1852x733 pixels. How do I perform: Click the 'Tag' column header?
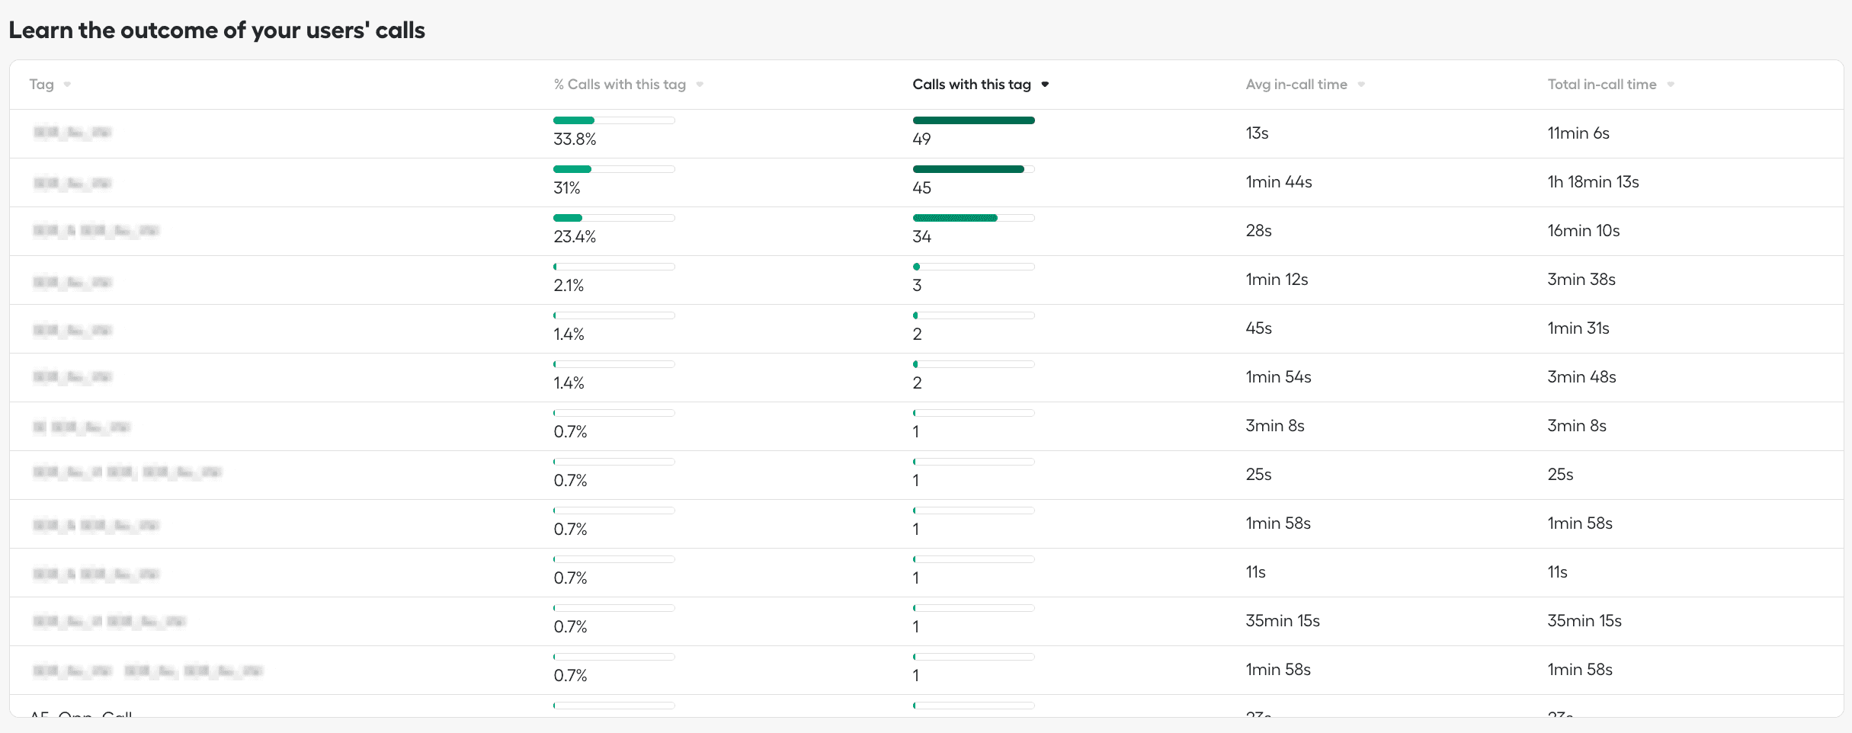pyautogui.click(x=42, y=85)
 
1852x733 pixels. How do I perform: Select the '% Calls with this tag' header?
pyautogui.click(x=619, y=85)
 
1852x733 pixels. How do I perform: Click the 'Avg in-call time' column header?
pyautogui.click(x=1296, y=85)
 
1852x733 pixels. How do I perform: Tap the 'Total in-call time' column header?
pyautogui.click(x=1601, y=85)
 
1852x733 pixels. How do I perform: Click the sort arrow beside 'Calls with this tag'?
pyautogui.click(x=1045, y=85)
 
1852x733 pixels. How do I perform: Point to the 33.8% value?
pyautogui.click(x=575, y=139)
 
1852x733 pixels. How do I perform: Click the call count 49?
pyautogui.click(x=921, y=139)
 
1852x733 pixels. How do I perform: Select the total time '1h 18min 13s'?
pyautogui.click(x=1593, y=182)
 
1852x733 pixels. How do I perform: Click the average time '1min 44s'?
pyautogui.click(x=1278, y=182)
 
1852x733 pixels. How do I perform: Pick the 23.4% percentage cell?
pyautogui.click(x=575, y=237)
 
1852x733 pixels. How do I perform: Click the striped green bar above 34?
pyautogui.click(x=955, y=218)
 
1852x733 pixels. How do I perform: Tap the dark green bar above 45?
pyautogui.click(x=968, y=169)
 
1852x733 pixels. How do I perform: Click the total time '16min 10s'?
pyautogui.click(x=1583, y=231)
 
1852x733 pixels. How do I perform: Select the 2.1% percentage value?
pyautogui.click(x=569, y=286)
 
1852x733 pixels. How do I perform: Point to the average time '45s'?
pyautogui.click(x=1258, y=328)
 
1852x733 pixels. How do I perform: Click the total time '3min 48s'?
pyautogui.click(x=1581, y=377)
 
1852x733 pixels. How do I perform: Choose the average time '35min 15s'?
pyautogui.click(x=1282, y=621)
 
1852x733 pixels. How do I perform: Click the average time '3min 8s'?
pyautogui.click(x=1274, y=426)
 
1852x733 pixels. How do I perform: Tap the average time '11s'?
pyautogui.click(x=1255, y=572)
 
